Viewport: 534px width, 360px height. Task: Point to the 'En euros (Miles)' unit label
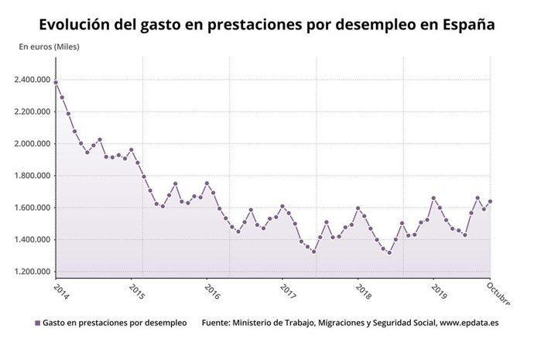pos(49,46)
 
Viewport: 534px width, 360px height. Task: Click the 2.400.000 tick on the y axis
pos(32,80)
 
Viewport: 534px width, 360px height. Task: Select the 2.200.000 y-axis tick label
pos(32,111)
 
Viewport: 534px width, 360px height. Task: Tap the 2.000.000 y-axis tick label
pos(32,144)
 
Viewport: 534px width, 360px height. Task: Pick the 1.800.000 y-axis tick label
pos(32,176)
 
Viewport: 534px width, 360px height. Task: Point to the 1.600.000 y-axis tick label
pos(32,207)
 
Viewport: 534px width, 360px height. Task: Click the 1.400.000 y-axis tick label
pos(32,240)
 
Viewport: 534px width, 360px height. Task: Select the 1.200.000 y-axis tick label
pos(32,272)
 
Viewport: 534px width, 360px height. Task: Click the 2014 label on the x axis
pos(62,291)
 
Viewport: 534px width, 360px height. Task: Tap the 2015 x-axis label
pos(137,291)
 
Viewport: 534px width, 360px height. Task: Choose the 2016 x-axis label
pos(213,291)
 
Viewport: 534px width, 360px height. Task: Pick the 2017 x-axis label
pos(288,291)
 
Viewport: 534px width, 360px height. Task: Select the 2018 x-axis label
pos(363,291)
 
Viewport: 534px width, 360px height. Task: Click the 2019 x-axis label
pos(439,291)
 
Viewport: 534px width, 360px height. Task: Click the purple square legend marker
pos(37,323)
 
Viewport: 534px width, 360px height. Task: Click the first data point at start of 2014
pos(56,82)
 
